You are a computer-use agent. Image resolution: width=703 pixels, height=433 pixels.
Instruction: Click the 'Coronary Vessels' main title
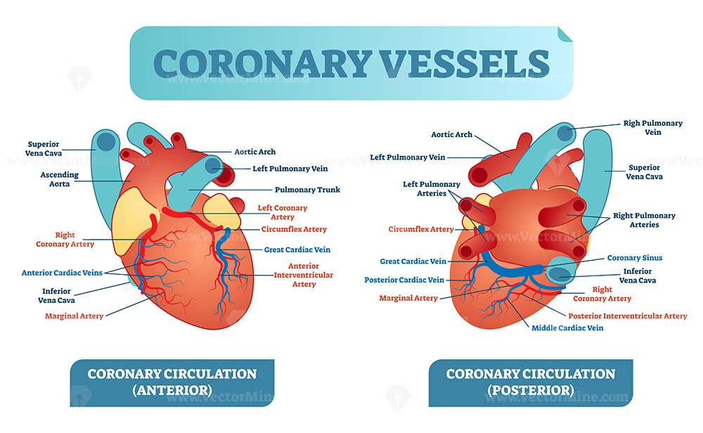[x=351, y=63]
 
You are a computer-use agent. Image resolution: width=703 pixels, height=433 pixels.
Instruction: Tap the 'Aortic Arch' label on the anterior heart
[x=254, y=152]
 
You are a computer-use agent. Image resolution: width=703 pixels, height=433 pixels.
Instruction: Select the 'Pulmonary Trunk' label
[x=307, y=190]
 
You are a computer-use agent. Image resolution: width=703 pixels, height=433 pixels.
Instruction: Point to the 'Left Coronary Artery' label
[x=283, y=212]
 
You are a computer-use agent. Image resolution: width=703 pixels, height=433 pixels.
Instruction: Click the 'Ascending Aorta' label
[x=59, y=179]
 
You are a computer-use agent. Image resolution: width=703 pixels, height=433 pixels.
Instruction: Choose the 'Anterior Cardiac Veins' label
[x=62, y=273]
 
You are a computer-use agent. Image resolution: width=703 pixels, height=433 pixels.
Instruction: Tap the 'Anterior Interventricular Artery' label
[x=304, y=275]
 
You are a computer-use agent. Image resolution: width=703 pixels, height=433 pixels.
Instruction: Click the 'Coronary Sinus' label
[x=634, y=258]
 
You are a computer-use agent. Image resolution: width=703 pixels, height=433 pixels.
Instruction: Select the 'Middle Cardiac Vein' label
[x=567, y=328]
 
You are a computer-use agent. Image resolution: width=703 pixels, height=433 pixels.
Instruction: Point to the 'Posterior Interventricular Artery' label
[x=628, y=316]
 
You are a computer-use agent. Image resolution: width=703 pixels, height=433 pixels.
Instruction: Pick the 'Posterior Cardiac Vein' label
[x=404, y=280]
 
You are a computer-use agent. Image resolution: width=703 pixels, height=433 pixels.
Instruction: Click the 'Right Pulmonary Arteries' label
[x=644, y=220]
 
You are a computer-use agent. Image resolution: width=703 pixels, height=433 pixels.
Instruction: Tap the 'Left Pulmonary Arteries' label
[x=432, y=188]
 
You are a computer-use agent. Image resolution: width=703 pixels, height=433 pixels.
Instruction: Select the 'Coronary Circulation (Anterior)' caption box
[x=172, y=383]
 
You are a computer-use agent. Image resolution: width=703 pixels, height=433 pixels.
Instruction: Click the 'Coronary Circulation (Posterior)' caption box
[x=531, y=383]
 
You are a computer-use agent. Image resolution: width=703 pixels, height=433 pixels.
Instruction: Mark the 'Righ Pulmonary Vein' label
[x=653, y=128]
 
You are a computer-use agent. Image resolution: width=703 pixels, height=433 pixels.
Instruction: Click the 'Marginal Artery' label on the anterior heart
[x=74, y=316]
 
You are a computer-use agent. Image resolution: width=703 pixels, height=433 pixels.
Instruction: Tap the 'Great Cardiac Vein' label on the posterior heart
[x=413, y=261]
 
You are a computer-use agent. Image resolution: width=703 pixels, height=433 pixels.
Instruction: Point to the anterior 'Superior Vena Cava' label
[x=44, y=149]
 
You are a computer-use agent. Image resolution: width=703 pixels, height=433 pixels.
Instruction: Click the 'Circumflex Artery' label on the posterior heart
[x=421, y=229]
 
